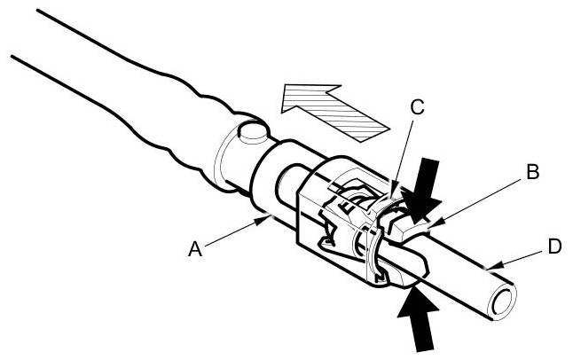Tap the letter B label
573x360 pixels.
pyautogui.click(x=532, y=172)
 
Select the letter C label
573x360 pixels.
pyautogui.click(x=417, y=108)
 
